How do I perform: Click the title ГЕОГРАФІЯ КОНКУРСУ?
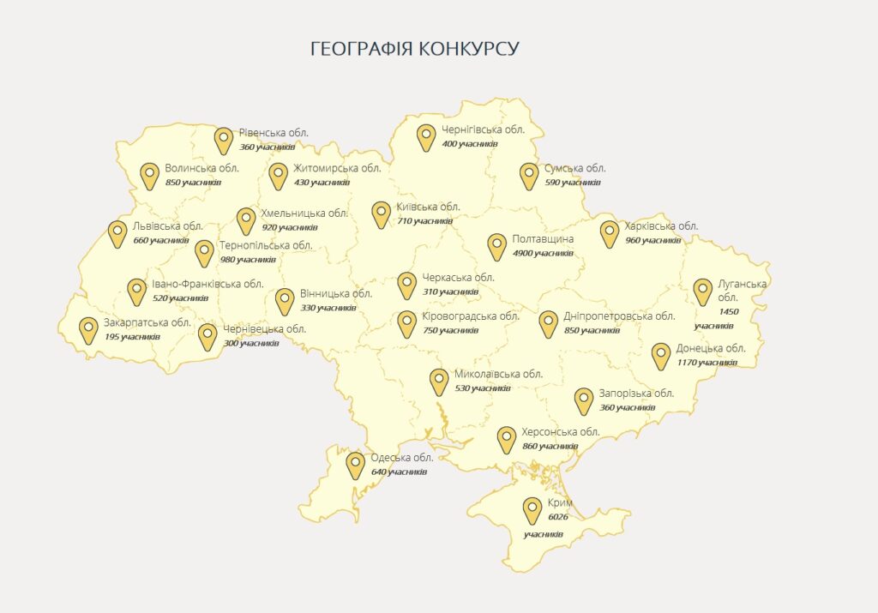click(x=414, y=48)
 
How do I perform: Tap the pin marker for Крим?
click(x=532, y=510)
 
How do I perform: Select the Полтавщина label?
click(x=543, y=239)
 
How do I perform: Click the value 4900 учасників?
click(x=542, y=253)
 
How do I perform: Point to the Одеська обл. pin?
click(x=355, y=466)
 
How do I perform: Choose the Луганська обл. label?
click(x=731, y=291)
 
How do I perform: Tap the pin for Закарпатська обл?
click(x=88, y=330)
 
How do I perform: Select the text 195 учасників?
click(x=131, y=337)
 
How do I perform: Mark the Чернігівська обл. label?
click(x=483, y=130)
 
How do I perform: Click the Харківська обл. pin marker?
click(x=610, y=233)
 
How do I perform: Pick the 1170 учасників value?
click(x=707, y=363)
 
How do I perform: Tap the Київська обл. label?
click(x=428, y=207)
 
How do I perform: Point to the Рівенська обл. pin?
click(x=224, y=140)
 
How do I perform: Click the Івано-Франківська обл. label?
click(x=207, y=285)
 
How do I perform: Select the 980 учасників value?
click(x=247, y=259)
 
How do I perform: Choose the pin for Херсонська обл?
click(x=507, y=439)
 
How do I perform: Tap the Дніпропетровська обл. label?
click(x=619, y=316)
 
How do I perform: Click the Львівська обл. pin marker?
click(x=117, y=233)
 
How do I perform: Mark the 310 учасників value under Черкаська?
click(x=450, y=291)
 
